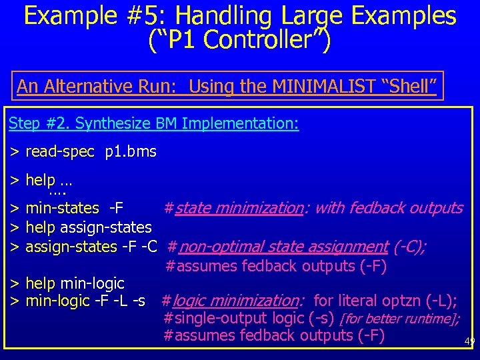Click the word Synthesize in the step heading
pos(113,123)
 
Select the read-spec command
pos(60,152)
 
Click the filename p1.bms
pos(131,152)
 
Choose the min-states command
pos(62,208)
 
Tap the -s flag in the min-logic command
pos(138,301)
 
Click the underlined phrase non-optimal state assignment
pos(284,247)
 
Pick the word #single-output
pos(213,319)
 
